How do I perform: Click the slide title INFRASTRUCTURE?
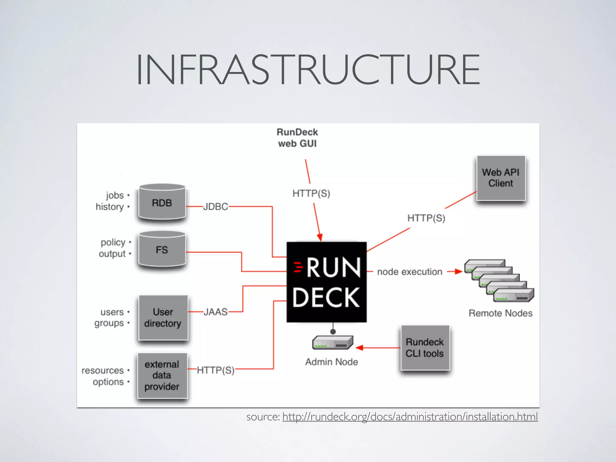tap(308, 70)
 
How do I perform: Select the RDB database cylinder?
tap(162, 202)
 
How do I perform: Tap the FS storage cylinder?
tap(162, 249)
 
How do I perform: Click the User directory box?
tap(163, 318)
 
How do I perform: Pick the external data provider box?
tap(162, 375)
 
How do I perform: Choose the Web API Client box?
tap(501, 178)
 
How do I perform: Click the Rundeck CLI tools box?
tap(425, 348)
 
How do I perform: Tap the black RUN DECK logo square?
tap(327, 282)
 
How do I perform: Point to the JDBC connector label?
tap(215, 207)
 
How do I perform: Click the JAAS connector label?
tap(215, 312)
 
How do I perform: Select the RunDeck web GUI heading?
tap(297, 138)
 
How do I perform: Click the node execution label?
tap(410, 272)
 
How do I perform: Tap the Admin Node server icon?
tap(332, 343)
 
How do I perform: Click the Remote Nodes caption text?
tap(500, 313)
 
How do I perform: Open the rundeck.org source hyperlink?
tap(410, 417)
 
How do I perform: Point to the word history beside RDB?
tap(110, 207)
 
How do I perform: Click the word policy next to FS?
tap(113, 242)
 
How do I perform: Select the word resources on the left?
tap(103, 371)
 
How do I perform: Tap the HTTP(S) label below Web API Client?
tap(426, 218)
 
